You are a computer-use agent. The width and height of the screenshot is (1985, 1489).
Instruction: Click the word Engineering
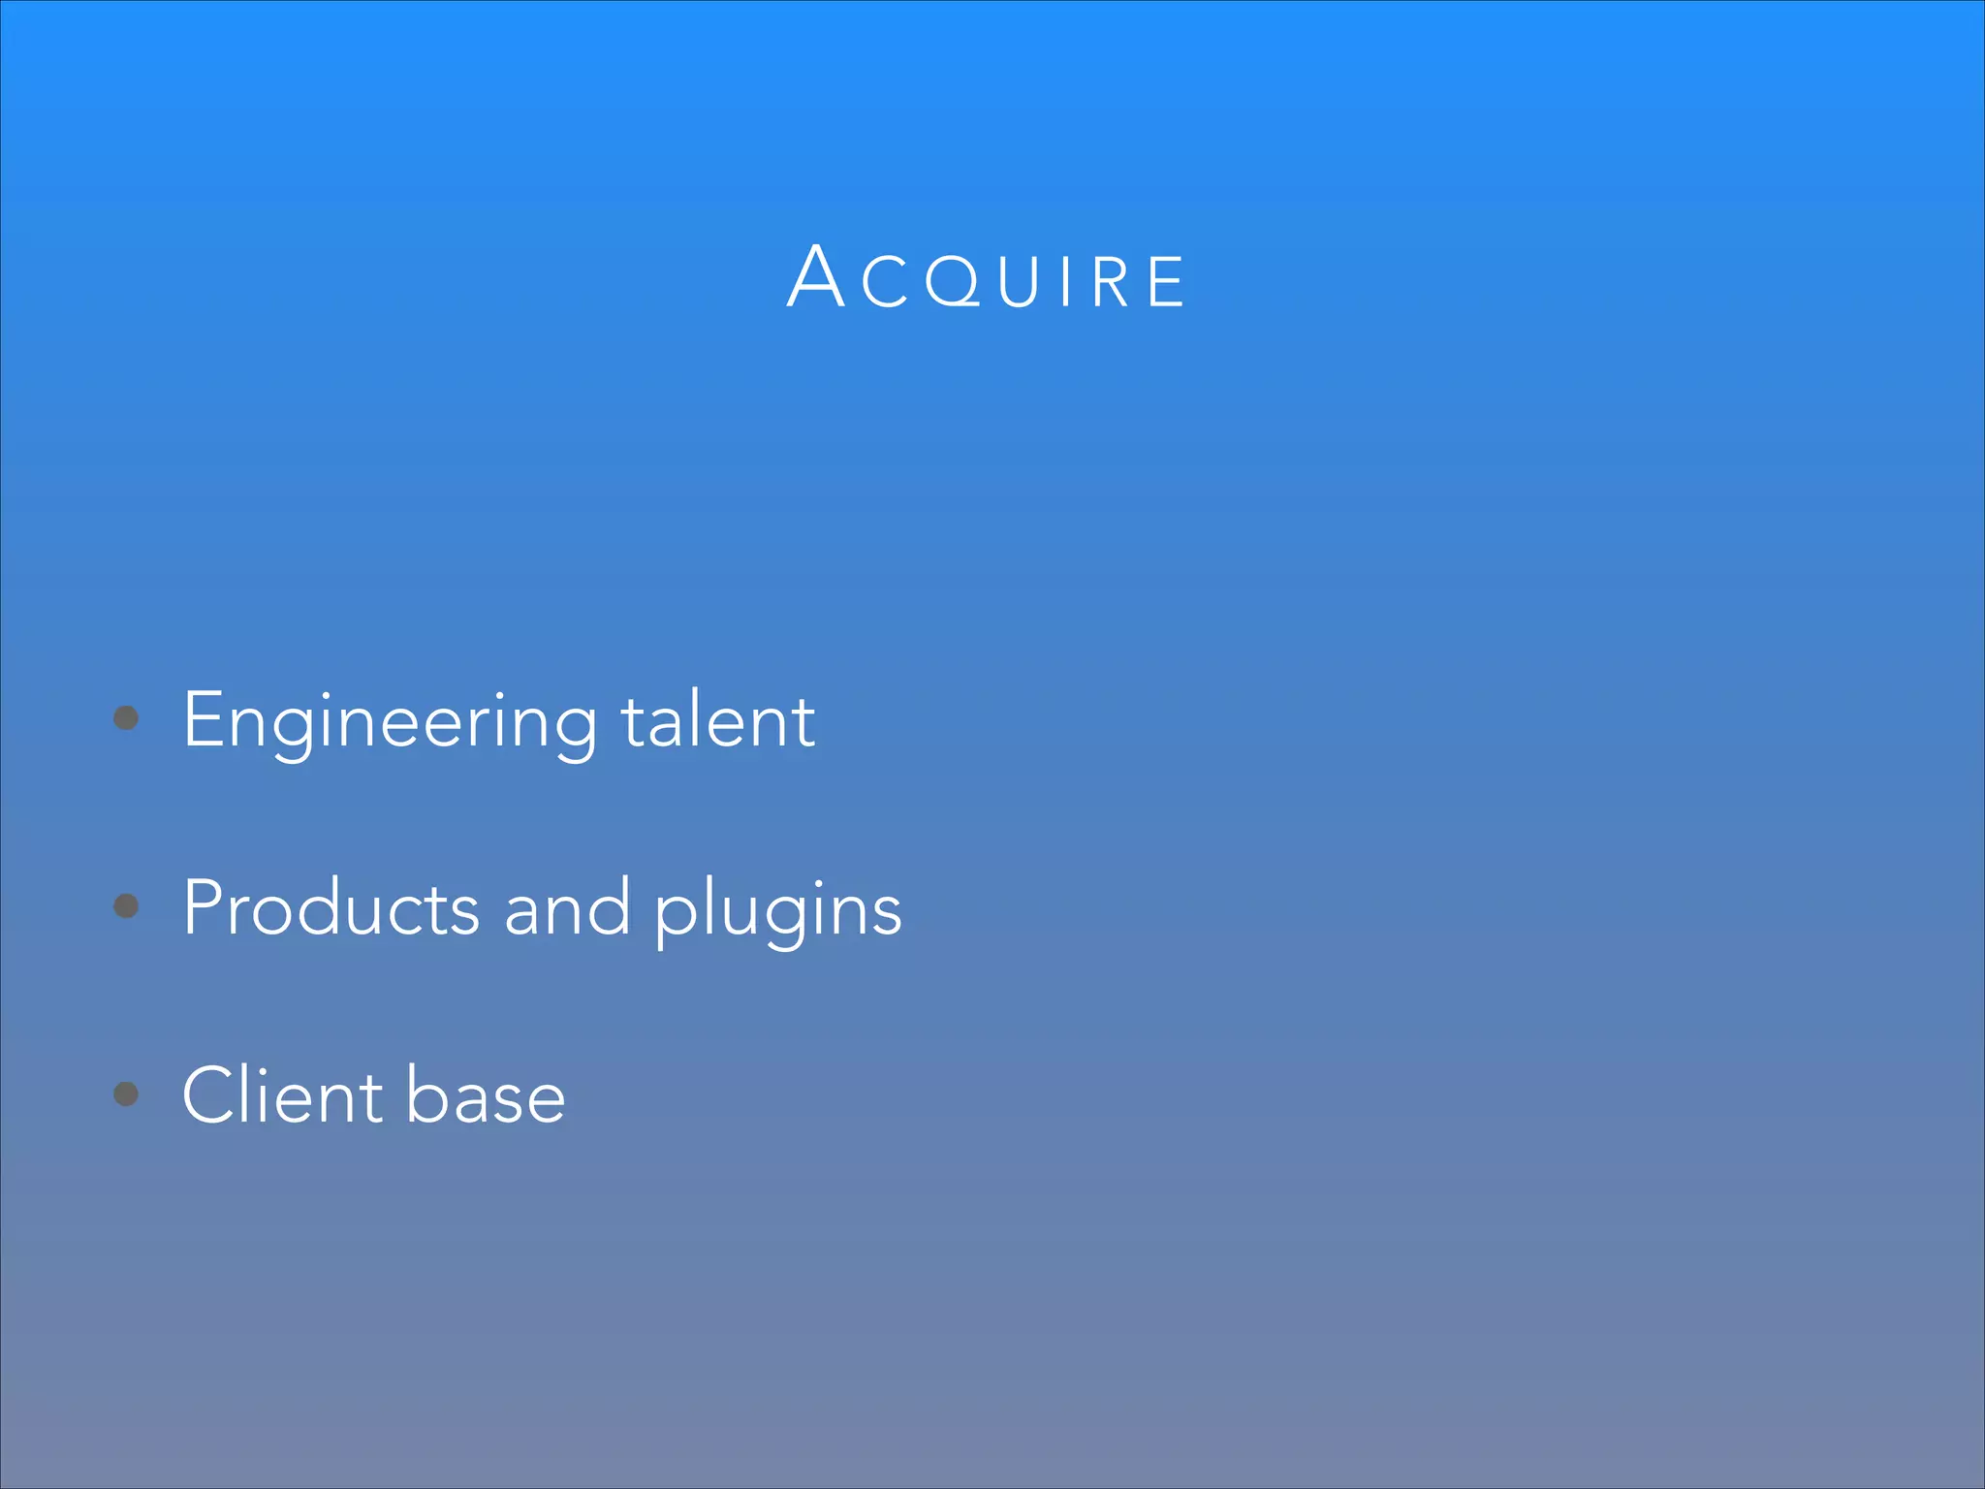[390, 722]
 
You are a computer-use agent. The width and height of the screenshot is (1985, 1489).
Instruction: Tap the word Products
[331, 908]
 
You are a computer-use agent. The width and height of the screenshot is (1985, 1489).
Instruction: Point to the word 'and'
[567, 908]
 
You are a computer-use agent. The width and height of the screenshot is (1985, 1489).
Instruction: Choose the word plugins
[778, 911]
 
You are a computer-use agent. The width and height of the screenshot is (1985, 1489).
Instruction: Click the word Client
[282, 1095]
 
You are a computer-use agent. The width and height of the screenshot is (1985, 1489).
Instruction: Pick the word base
[486, 1095]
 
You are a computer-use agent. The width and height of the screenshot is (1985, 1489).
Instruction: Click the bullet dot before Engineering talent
[126, 718]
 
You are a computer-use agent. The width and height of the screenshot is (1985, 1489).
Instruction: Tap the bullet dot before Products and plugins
[126, 906]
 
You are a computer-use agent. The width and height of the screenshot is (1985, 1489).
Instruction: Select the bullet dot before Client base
[126, 1094]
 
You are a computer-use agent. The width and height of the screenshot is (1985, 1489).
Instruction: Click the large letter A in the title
[816, 277]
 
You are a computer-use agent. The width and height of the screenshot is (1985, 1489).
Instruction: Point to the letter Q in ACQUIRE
[954, 282]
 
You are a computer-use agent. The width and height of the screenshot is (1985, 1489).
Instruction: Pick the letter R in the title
[1111, 282]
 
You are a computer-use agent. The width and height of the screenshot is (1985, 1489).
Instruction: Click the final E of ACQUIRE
[1166, 282]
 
